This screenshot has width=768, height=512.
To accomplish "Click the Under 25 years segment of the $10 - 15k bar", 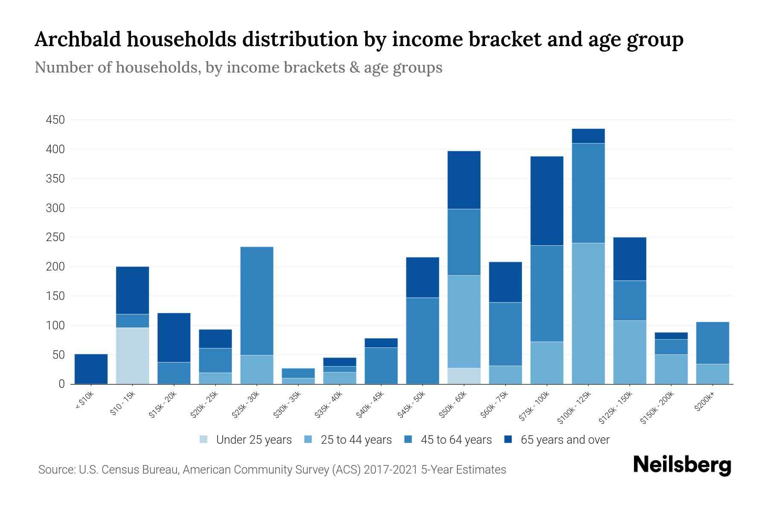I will (132, 355).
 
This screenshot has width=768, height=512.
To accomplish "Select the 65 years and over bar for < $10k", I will (91, 369).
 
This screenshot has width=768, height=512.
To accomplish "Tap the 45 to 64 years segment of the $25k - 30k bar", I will (257, 301).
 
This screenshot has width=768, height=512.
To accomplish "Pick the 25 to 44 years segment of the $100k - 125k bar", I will (588, 314).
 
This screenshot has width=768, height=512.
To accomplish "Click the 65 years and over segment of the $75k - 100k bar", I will (547, 201).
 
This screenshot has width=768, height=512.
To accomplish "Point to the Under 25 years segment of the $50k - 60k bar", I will (464, 376).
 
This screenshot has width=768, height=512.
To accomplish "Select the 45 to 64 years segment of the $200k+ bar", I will (713, 343).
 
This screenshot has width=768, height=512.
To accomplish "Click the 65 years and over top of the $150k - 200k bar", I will (671, 336).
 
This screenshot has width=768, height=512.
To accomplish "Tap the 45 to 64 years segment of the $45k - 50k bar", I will (422, 340).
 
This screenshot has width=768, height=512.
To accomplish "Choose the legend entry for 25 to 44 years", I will (356, 440).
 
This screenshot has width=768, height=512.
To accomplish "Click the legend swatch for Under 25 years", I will (204, 439).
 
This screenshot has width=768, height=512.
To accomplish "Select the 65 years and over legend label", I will (564, 440).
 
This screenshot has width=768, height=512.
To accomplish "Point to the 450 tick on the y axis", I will (55, 120).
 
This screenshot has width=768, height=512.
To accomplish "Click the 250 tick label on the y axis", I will (55, 237).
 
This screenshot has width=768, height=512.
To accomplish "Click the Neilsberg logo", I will (682, 465).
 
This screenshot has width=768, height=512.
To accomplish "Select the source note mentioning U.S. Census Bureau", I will (272, 470).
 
